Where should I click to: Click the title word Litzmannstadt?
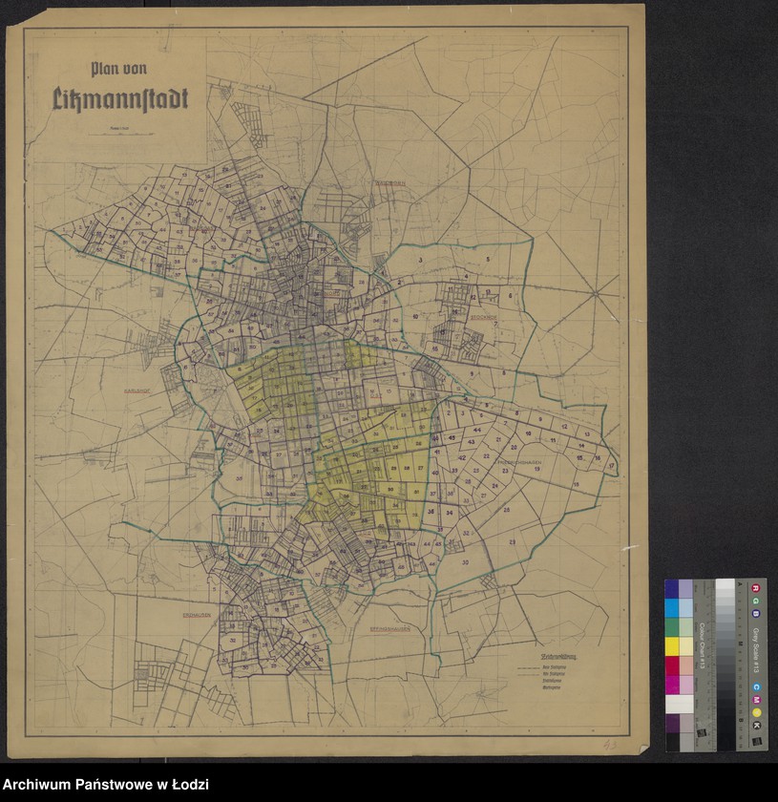tap(120, 97)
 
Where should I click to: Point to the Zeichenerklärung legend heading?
tap(535, 658)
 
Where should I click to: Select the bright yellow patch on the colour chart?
tap(672, 646)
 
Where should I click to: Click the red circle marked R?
tap(756, 586)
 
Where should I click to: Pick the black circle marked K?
tap(756, 727)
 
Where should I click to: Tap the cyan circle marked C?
tap(756, 686)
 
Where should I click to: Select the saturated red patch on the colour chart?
tap(672, 665)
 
